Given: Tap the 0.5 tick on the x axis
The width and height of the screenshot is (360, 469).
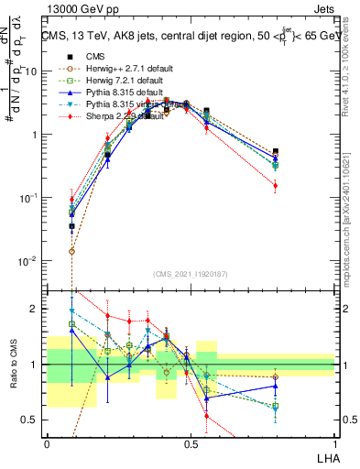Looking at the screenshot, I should point(191,442).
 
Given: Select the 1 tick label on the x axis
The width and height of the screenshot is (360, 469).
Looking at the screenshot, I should point(334,442).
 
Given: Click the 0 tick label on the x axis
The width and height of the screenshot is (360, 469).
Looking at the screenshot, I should point(47,442).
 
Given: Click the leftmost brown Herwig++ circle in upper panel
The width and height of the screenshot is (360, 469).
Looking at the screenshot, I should point(72,250).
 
